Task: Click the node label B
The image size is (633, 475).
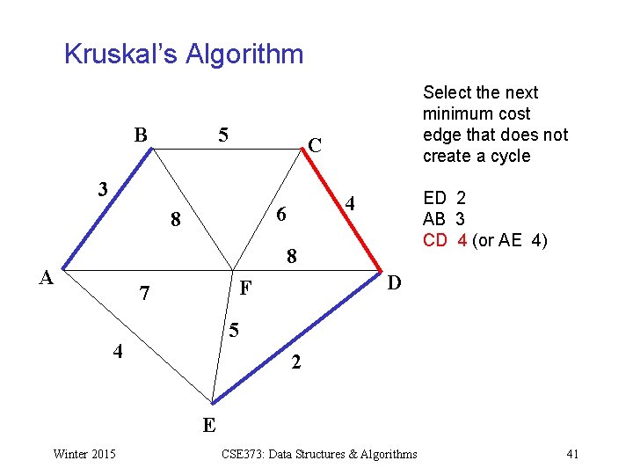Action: click(x=141, y=135)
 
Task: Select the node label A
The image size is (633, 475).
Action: click(x=49, y=277)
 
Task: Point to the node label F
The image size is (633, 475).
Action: click(x=246, y=287)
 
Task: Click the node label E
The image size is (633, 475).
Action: click(x=209, y=426)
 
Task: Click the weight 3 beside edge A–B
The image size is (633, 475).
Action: click(x=103, y=189)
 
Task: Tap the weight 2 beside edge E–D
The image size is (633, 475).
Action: click(x=296, y=362)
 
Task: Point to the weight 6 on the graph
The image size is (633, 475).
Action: click(x=280, y=215)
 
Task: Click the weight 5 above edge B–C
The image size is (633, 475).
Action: click(x=223, y=135)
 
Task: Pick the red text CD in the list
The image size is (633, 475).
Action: click(x=434, y=240)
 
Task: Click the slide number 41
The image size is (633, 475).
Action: click(x=572, y=454)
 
